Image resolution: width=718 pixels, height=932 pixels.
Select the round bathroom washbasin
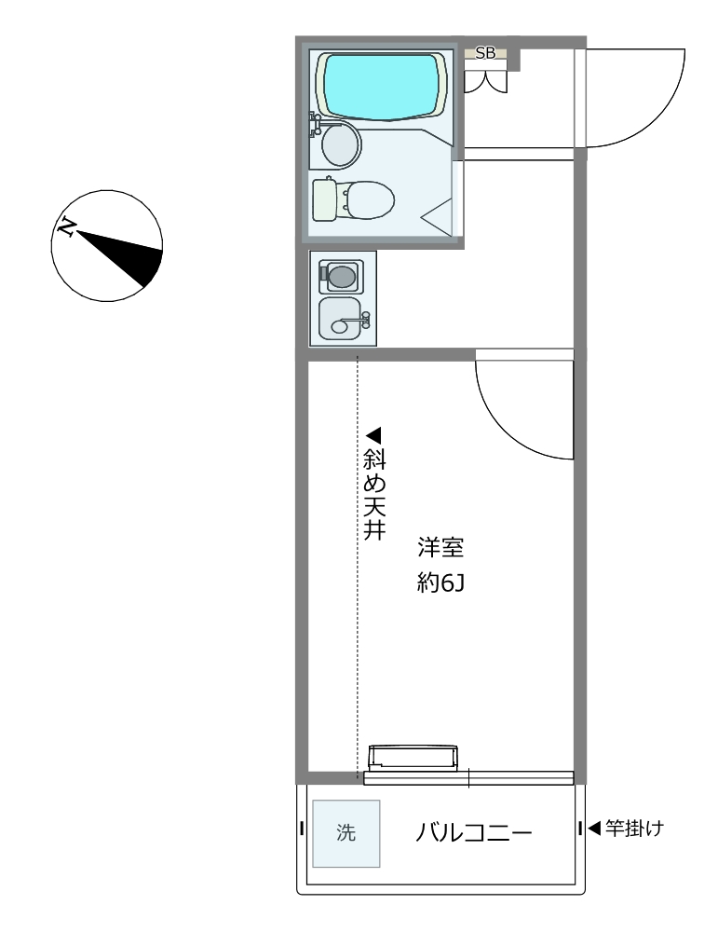coord(342,144)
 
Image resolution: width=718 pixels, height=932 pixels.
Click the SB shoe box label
coord(485,53)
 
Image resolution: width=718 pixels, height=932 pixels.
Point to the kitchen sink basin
coord(340,319)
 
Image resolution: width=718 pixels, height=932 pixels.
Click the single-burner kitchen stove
coord(341,277)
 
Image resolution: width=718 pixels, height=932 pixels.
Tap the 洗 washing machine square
coord(346,833)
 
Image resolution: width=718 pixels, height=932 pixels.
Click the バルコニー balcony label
coord(473,832)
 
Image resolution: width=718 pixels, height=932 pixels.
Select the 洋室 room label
coord(440,547)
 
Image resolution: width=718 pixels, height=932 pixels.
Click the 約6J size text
coord(440,583)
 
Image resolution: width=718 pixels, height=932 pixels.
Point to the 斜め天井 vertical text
coord(374,494)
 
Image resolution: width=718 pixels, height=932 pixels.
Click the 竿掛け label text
coord(634,828)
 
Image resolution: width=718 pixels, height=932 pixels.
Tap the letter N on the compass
coord(66,227)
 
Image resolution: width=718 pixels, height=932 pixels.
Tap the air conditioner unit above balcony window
coord(413,758)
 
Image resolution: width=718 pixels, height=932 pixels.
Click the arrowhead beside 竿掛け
coord(594,828)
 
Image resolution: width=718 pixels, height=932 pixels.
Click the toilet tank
coord(324,199)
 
